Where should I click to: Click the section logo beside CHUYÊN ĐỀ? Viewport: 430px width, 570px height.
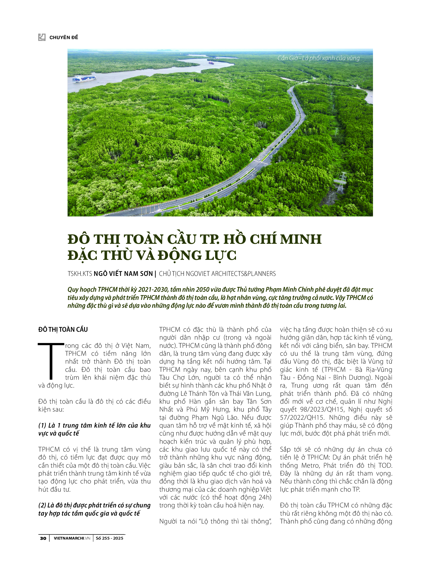[x=42, y=37]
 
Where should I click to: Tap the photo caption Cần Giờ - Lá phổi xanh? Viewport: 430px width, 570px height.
[x=318, y=58]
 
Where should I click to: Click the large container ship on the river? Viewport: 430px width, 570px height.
[x=84, y=79]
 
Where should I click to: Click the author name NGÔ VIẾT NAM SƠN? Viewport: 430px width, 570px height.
[x=123, y=274]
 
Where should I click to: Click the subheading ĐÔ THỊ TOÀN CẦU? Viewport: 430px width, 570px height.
[x=63, y=330]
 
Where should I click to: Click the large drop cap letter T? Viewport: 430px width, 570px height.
[x=51, y=361]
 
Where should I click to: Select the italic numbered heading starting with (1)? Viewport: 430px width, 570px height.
[x=94, y=429]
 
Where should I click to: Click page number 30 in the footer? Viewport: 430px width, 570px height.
[x=43, y=538]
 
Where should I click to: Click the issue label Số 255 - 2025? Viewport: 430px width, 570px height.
[x=109, y=538]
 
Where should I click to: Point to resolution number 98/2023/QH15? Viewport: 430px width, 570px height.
[x=322, y=410]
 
